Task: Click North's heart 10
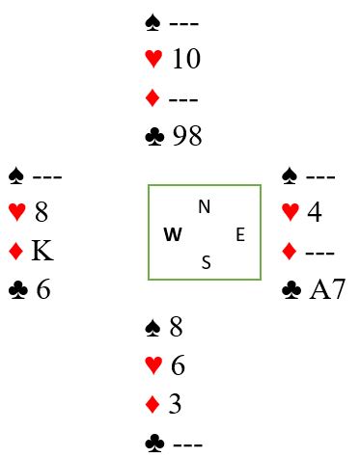click(186, 59)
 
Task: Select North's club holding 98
click(187, 136)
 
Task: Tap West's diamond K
click(42, 251)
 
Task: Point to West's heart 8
click(42, 212)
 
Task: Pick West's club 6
click(43, 289)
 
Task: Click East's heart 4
click(315, 212)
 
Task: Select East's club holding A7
click(327, 289)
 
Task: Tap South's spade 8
click(176, 327)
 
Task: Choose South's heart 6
click(178, 365)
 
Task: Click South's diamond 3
click(175, 403)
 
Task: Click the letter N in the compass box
click(205, 206)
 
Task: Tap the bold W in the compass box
click(173, 234)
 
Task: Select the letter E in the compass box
click(240, 234)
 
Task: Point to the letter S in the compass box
click(207, 262)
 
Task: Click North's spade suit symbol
click(152, 23)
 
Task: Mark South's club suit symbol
click(154, 444)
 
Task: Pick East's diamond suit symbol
click(289, 251)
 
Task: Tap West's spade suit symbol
click(16, 176)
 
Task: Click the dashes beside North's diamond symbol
click(183, 99)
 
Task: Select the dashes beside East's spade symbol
click(320, 176)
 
